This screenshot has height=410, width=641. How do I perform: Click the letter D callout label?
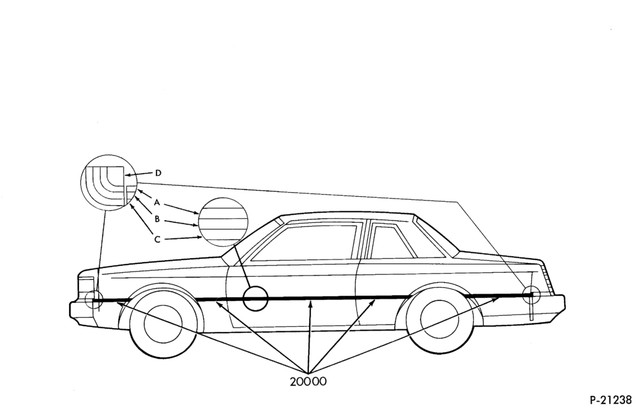[x=158, y=173]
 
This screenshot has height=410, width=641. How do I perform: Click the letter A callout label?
[x=156, y=202]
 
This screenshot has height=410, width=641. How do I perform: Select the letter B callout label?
[x=157, y=219]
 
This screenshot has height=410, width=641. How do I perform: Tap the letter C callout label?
[x=158, y=240]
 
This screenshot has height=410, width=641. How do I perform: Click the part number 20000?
[x=308, y=381]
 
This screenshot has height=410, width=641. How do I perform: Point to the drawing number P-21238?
[x=615, y=399]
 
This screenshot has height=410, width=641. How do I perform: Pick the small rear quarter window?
[x=390, y=242]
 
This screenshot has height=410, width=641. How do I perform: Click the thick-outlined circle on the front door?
[x=255, y=299]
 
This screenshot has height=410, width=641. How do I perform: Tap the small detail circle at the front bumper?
[x=94, y=299]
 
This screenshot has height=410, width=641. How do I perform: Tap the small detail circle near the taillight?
[x=531, y=294]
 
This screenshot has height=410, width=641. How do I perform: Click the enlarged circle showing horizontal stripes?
[x=223, y=222]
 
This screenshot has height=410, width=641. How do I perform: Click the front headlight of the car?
[x=87, y=285]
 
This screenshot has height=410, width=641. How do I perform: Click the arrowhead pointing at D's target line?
[x=128, y=175]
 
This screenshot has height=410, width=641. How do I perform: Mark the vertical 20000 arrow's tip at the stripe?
[x=311, y=300]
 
